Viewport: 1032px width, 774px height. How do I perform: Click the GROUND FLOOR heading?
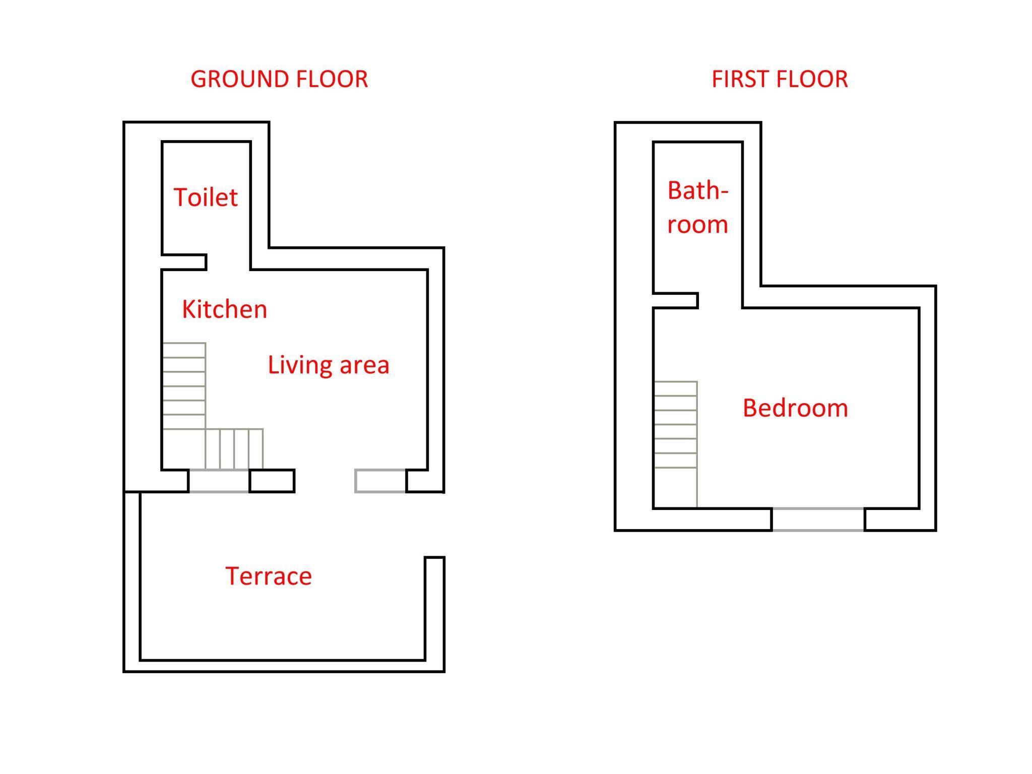pyautogui.click(x=279, y=79)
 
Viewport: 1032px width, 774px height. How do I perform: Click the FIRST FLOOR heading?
pyautogui.click(x=780, y=79)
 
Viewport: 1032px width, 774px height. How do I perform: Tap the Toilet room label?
pyautogui.click(x=206, y=197)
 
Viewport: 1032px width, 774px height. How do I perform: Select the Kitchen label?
pyautogui.click(x=224, y=309)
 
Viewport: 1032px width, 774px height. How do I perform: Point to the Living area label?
pyautogui.click(x=329, y=365)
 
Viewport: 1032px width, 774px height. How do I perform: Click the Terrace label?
pyautogui.click(x=269, y=576)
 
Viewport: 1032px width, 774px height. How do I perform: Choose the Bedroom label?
pyautogui.click(x=795, y=408)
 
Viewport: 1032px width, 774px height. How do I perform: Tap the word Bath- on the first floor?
pyautogui.click(x=698, y=190)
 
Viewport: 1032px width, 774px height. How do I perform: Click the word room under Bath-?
pyautogui.click(x=698, y=225)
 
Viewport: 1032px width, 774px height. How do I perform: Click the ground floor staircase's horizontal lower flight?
pyautogui.click(x=234, y=449)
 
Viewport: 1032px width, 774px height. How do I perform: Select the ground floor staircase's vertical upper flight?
pyautogui.click(x=184, y=386)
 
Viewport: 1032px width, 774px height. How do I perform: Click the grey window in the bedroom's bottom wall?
pyautogui.click(x=818, y=520)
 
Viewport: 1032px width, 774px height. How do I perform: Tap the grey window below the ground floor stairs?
pyautogui.click(x=219, y=481)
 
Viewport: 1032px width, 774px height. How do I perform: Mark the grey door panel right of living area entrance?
pyautogui.click(x=380, y=481)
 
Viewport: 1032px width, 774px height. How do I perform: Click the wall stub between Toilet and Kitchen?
pyautogui.click(x=184, y=262)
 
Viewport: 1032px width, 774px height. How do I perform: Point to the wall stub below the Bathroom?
pyautogui.click(x=676, y=300)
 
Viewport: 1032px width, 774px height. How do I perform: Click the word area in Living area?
pyautogui.click(x=364, y=366)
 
